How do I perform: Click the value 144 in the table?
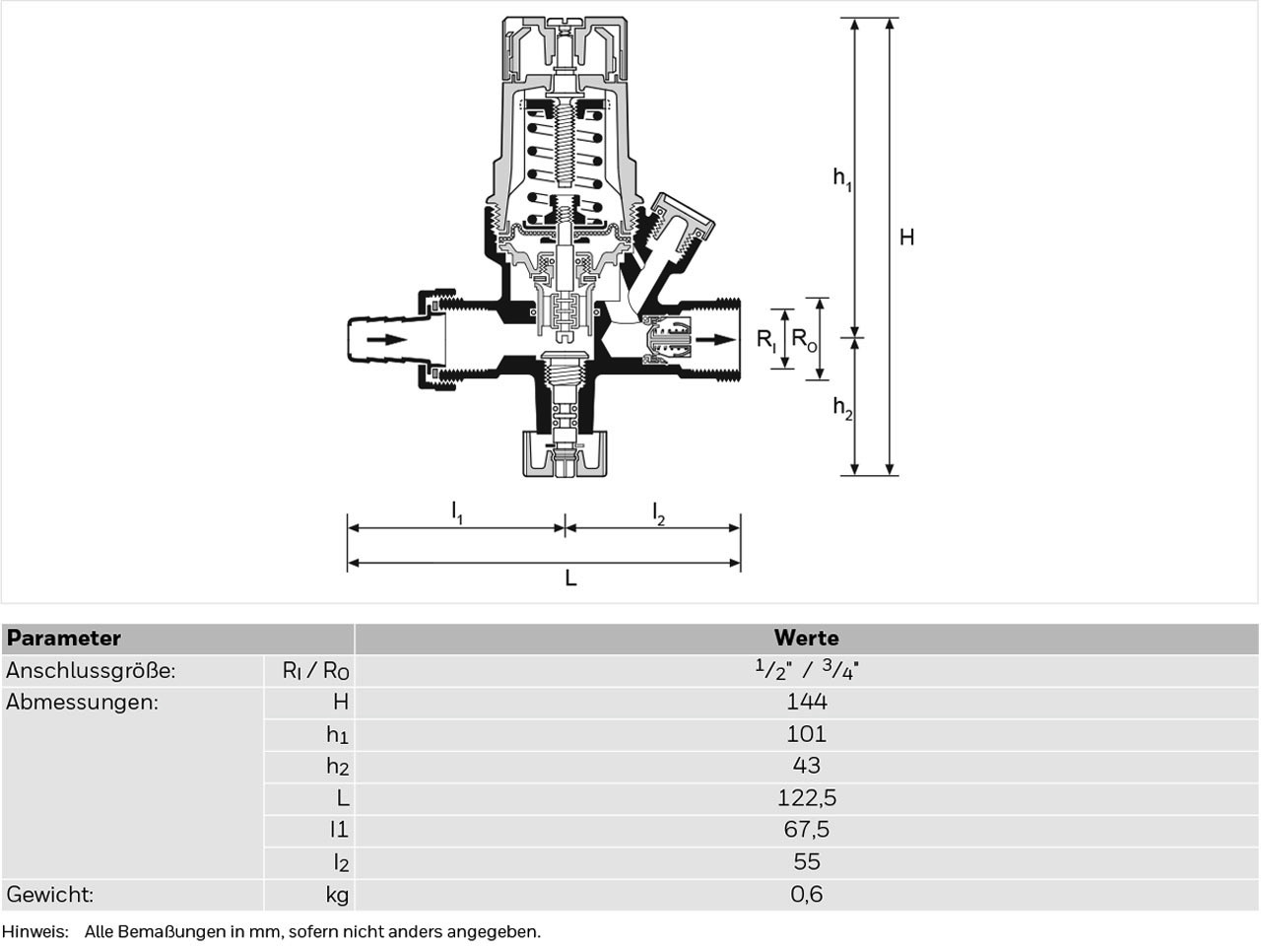click(807, 702)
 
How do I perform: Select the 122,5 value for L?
click(807, 797)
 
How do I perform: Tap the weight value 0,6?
click(807, 894)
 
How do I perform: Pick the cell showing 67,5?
click(807, 830)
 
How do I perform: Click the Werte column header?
click(807, 638)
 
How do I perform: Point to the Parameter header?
click(64, 638)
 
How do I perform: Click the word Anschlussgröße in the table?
click(91, 671)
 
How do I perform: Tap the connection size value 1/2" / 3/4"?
click(807, 670)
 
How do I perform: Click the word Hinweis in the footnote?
click(35, 931)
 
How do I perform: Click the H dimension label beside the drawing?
click(906, 237)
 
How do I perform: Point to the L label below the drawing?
click(570, 578)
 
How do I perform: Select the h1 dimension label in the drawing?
click(842, 178)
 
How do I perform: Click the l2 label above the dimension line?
click(659, 513)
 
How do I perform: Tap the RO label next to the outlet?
click(804, 340)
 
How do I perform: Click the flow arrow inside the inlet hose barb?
click(386, 340)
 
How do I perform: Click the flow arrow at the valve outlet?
click(716, 340)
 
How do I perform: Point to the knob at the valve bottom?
click(564, 454)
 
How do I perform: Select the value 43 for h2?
click(807, 766)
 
